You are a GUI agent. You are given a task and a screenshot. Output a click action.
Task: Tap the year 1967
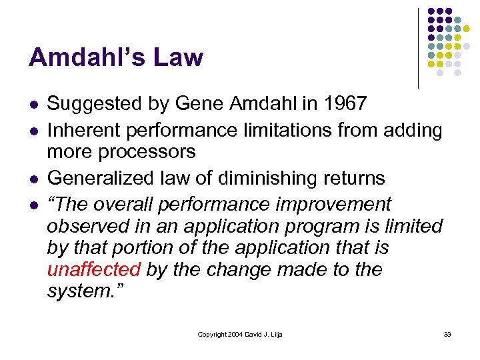(342, 104)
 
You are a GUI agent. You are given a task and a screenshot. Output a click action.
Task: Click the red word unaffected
(93, 270)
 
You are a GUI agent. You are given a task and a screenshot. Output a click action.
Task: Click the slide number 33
(447, 334)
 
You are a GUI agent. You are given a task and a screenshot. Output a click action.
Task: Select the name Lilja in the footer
(275, 334)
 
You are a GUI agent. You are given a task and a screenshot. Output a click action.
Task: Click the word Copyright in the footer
(213, 334)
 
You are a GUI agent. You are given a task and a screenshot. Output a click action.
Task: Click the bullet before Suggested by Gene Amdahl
(33, 105)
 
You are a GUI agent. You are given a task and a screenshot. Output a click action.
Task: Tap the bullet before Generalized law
(33, 179)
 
